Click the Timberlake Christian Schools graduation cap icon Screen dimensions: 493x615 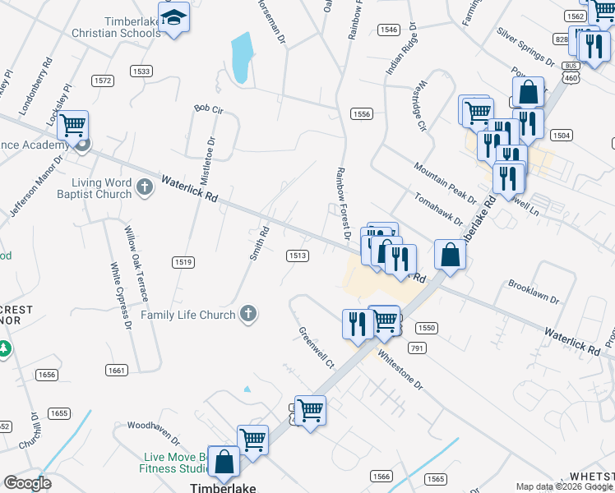tap(173, 18)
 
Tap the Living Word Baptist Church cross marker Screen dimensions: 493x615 tap(144, 187)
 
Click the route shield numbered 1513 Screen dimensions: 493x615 tap(298, 256)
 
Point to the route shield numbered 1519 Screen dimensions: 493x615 tap(183, 262)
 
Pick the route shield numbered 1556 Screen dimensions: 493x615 tap(362, 113)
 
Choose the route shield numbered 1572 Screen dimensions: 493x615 tap(103, 81)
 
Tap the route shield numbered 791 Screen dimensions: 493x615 tap(417, 348)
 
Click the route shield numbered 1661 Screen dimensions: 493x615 tap(117, 371)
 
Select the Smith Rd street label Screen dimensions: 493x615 tap(260, 244)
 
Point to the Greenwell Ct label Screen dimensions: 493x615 tap(317, 348)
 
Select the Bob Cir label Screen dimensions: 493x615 tap(209, 108)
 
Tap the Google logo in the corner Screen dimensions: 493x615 tap(27, 483)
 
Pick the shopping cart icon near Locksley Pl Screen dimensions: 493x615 tap(72, 126)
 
